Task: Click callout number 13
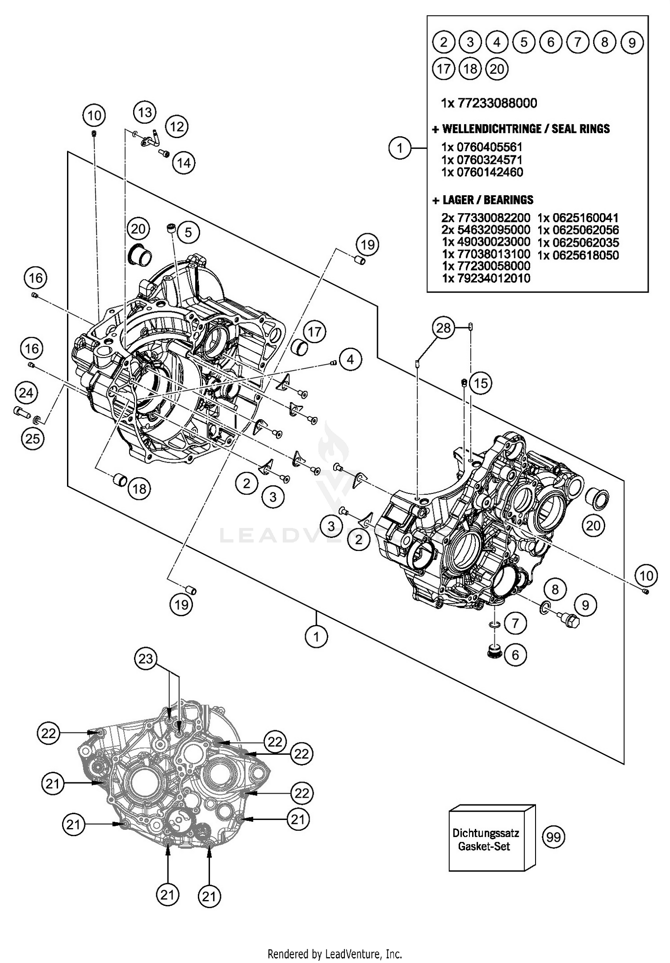point(145,112)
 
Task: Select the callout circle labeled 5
point(188,232)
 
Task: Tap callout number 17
point(314,332)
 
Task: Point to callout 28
point(443,328)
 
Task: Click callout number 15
point(481,383)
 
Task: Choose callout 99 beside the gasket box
point(553,837)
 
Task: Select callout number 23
point(146,659)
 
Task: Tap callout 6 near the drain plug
point(515,655)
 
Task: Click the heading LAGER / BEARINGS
point(482,200)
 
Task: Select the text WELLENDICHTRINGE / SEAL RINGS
point(521,129)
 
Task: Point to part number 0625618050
point(578,255)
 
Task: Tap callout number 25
point(33,439)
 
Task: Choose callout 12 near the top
point(177,127)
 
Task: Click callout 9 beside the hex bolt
point(585,605)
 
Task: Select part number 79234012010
point(486,278)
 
